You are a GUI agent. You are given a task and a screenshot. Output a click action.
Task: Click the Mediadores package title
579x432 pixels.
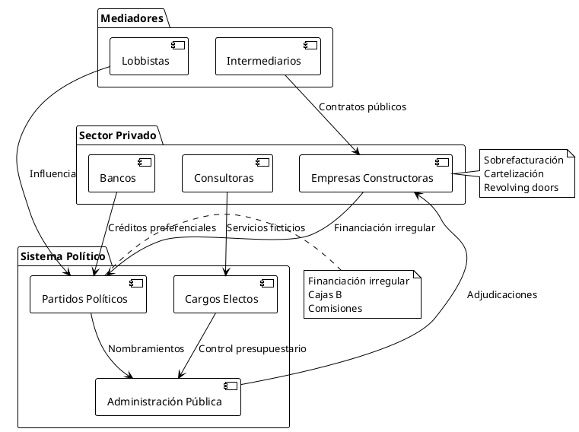[132, 18]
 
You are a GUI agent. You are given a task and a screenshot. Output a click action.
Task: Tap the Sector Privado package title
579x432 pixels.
[117, 136]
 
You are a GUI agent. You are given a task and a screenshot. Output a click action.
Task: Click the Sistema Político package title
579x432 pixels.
[63, 256]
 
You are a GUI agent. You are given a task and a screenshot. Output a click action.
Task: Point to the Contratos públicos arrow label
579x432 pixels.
[362, 107]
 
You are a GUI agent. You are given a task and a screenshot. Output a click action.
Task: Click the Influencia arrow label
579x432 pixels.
[52, 174]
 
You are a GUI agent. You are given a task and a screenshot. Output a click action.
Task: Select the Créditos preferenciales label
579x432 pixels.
[162, 227]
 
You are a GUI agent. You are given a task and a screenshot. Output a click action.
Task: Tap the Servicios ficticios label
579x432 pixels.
[266, 227]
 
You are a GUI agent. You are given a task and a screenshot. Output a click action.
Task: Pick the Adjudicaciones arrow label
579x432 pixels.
[501, 295]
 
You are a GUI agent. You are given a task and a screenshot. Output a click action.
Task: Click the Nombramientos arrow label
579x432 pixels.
[146, 349]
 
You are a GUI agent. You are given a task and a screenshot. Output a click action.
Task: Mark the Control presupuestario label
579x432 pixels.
[252, 349]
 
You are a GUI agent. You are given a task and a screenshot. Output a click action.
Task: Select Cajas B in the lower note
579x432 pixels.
[325, 294]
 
